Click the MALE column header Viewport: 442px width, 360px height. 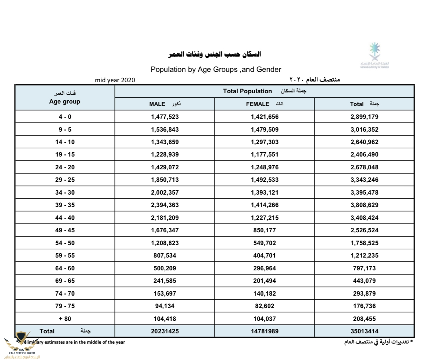click(157, 104)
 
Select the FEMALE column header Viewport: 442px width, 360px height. click(257, 104)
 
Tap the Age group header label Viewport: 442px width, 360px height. click(65, 101)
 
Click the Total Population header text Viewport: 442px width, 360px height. click(247, 91)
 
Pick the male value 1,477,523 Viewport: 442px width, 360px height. click(165, 117)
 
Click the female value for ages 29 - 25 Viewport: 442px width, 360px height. click(264, 180)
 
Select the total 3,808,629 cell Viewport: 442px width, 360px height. click(364, 205)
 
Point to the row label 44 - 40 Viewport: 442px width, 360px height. click(65, 218)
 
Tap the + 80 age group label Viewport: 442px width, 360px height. click(65, 319)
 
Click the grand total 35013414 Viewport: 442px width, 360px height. click(364, 331)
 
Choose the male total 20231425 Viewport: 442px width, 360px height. click(165, 331)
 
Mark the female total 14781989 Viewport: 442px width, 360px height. click(264, 331)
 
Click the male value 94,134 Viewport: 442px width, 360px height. click(165, 306)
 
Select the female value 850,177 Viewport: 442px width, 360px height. click(264, 230)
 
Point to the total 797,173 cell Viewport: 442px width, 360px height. click(364, 268)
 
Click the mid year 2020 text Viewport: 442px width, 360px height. click(115, 80)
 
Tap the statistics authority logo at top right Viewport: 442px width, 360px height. click(374, 55)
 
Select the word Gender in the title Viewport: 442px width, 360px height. click(269, 69)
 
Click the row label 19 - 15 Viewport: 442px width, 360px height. click(65, 154)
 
